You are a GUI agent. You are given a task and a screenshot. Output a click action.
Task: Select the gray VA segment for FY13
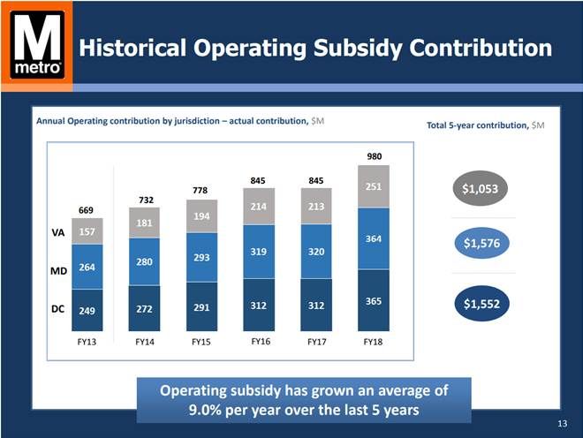pyautogui.click(x=87, y=231)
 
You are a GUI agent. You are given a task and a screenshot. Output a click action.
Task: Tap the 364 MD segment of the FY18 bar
pyautogui.click(x=373, y=238)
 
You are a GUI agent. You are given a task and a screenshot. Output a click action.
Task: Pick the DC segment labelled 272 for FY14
pyautogui.click(x=144, y=309)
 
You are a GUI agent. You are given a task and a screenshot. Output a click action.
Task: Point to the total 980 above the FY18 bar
pyautogui.click(x=373, y=156)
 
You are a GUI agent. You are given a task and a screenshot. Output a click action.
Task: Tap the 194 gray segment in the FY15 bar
pyautogui.click(x=201, y=216)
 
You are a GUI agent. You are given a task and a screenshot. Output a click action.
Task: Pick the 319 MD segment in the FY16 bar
pyautogui.click(x=259, y=252)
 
